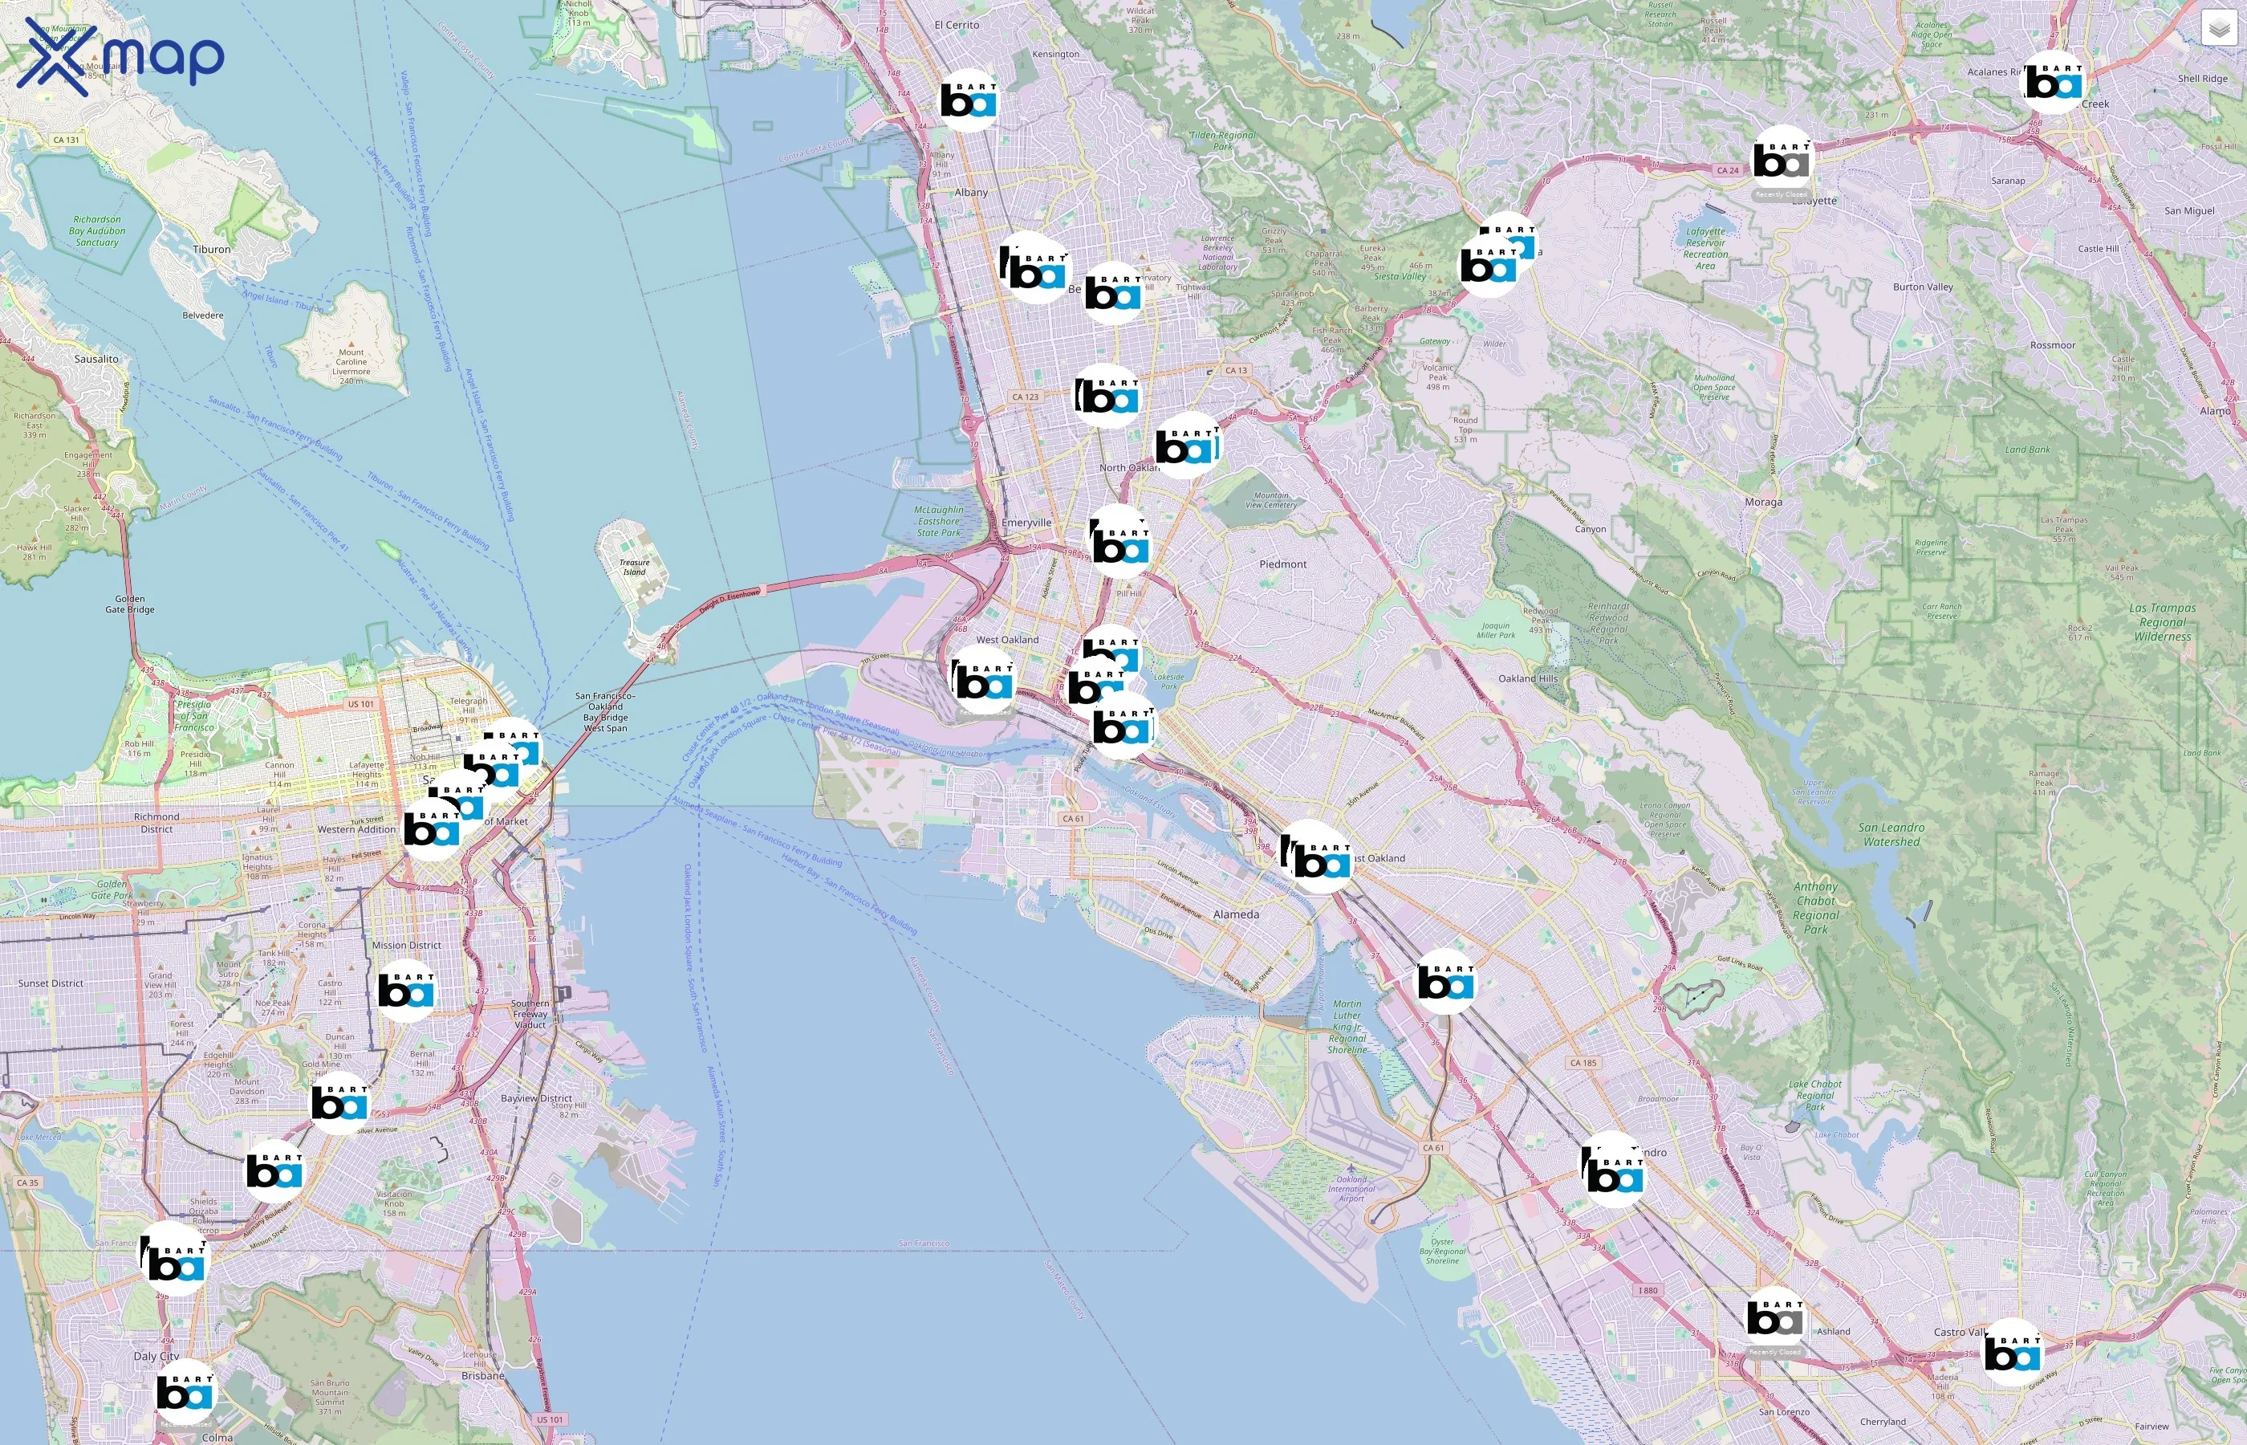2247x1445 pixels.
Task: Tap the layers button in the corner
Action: tap(2219, 28)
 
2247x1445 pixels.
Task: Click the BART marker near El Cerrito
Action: tap(969, 99)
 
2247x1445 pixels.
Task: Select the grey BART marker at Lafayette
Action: tap(1782, 160)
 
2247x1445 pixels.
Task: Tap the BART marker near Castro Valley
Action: tap(2013, 1352)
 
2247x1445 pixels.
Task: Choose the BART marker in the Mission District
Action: tap(406, 990)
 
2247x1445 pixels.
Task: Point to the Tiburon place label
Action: tap(212, 250)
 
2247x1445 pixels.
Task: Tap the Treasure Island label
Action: tap(634, 567)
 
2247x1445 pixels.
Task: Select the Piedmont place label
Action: tap(1282, 564)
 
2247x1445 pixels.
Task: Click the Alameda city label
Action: tap(1236, 914)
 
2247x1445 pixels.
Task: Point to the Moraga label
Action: tap(1763, 502)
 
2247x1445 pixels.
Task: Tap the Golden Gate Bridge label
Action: tap(129, 604)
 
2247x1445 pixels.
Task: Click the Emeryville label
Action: tap(1026, 523)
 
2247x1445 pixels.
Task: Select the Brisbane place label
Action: tap(483, 1376)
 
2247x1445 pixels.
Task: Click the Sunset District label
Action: tap(51, 983)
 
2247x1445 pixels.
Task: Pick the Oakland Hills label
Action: tap(1528, 678)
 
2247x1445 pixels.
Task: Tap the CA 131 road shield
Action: tap(66, 140)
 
